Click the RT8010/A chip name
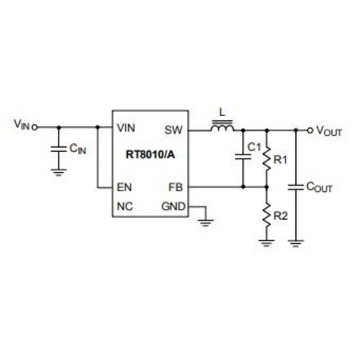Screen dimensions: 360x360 coord(150,154)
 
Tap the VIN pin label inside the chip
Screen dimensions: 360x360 coord(126,128)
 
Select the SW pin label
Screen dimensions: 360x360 coord(174,130)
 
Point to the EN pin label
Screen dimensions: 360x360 coord(124,187)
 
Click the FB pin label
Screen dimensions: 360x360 coord(175,187)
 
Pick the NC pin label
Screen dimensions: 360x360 coord(125,206)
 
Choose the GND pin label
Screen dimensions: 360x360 coord(174,206)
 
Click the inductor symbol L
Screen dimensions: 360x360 coord(222,126)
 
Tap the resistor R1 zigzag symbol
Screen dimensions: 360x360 coord(266,158)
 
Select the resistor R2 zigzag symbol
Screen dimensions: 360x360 coord(266,214)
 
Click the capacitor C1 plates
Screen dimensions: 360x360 coord(243,157)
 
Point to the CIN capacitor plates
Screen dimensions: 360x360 coord(58,149)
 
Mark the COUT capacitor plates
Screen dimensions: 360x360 coord(296,187)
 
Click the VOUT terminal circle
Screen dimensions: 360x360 coord(310,130)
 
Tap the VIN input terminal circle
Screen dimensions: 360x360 coord(34,127)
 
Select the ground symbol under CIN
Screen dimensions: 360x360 coord(58,173)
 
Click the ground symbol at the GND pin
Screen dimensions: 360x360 coord(206,223)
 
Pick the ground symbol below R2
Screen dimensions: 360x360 coord(266,243)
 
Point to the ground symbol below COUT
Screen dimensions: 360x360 coord(296,243)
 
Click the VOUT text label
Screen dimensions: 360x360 coord(329,131)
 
